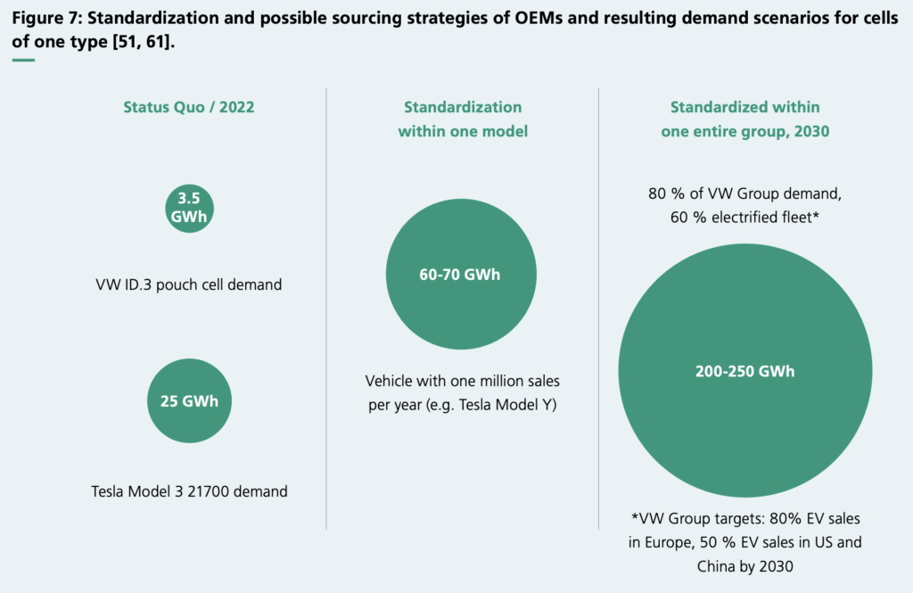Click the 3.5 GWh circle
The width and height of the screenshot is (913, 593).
(x=189, y=209)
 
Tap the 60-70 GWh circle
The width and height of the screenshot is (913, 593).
(x=461, y=275)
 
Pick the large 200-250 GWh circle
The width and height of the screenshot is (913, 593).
(x=744, y=372)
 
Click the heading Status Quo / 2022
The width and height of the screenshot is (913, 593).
(x=189, y=108)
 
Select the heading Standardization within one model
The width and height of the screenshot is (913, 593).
(x=462, y=119)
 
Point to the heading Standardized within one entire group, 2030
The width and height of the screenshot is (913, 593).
(x=744, y=119)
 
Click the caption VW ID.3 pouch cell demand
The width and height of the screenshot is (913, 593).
(x=189, y=285)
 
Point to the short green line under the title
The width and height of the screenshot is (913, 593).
(x=23, y=60)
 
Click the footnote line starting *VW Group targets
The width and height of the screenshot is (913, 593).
(x=744, y=519)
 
